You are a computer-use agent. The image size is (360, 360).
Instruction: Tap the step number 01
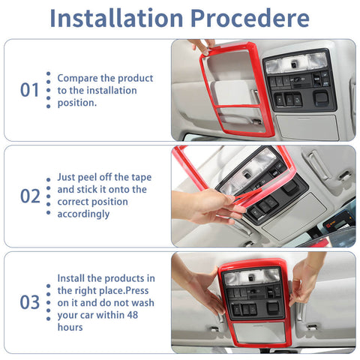point(29,90)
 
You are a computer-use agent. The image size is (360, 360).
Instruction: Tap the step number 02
point(29,196)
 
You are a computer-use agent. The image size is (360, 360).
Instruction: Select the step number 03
point(29,302)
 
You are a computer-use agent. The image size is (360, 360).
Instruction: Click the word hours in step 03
point(70,327)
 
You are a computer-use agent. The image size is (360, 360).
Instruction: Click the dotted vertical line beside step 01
point(48,90)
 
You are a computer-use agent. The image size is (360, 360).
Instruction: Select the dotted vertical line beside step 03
point(48,302)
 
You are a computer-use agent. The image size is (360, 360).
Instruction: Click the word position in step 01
point(73,102)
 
